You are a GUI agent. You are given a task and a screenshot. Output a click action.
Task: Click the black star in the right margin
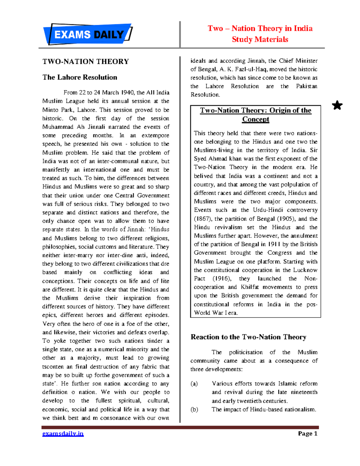pos(337,105)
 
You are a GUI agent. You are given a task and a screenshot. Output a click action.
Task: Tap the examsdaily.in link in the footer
pos(63,434)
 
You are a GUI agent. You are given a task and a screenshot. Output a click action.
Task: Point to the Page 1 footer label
pos(307,434)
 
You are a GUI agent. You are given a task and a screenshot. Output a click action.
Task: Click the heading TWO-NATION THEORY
pos(85,62)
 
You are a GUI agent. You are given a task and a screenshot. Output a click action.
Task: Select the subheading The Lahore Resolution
pos(80,77)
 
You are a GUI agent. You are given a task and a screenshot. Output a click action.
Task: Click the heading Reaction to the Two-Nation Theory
pos(248,337)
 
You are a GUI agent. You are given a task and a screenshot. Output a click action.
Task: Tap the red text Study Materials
pos(260,39)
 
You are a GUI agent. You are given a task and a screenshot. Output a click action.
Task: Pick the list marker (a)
pos(194,383)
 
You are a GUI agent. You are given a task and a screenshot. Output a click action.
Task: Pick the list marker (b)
pos(194,409)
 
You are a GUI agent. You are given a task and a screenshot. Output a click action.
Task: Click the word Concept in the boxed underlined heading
pos(256,119)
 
